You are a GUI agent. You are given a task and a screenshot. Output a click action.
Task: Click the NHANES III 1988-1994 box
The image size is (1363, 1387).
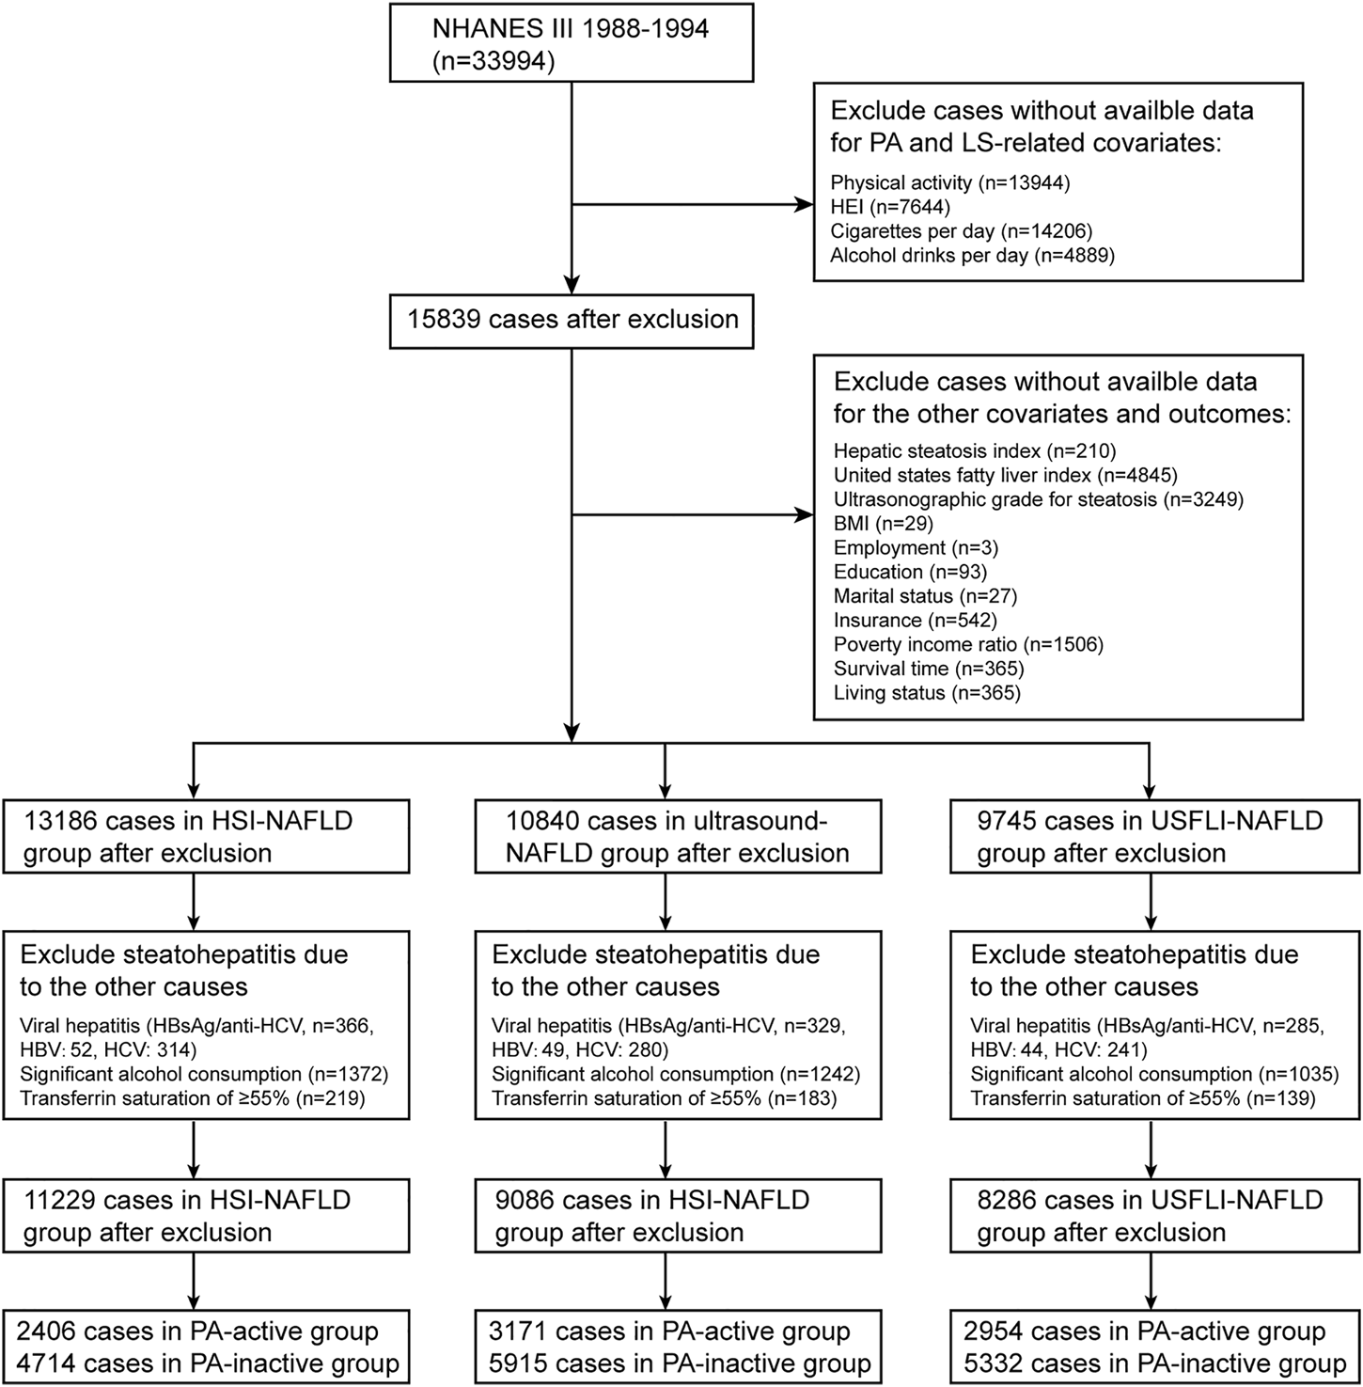click(x=572, y=44)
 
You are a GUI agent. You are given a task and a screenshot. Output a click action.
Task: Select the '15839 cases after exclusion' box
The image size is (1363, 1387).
click(x=572, y=321)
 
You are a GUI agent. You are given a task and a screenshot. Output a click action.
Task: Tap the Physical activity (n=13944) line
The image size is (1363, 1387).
click(x=950, y=182)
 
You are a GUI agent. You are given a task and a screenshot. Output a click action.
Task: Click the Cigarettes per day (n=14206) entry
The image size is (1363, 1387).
click(x=962, y=231)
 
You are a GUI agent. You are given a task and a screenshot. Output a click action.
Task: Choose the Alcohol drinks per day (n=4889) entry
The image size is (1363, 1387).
click(x=972, y=256)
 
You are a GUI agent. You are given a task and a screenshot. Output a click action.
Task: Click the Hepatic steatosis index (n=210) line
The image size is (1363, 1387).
click(x=975, y=450)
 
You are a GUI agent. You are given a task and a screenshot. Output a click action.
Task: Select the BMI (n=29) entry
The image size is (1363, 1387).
click(x=883, y=524)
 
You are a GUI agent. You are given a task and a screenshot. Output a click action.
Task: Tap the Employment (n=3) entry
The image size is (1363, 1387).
click(x=916, y=548)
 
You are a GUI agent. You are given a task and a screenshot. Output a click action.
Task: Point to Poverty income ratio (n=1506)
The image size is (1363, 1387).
click(x=968, y=645)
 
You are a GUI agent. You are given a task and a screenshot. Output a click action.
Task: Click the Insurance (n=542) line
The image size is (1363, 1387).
click(x=915, y=621)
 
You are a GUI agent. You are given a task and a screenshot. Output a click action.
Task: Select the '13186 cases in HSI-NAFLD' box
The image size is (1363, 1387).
click(x=206, y=837)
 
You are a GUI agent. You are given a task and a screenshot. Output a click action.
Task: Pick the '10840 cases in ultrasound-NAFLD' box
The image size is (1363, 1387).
click(x=679, y=837)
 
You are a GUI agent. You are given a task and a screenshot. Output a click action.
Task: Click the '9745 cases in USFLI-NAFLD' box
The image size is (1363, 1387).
click(x=1155, y=837)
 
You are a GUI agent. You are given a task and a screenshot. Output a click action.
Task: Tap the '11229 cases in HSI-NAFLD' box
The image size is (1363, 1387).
click(x=206, y=1216)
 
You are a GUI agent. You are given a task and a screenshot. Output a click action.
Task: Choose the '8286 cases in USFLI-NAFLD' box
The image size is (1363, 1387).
click(x=1155, y=1216)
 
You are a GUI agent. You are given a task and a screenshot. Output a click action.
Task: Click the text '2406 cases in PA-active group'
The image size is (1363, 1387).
click(x=197, y=1332)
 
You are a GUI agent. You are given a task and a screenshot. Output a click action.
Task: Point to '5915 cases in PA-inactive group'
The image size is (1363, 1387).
click(x=680, y=1363)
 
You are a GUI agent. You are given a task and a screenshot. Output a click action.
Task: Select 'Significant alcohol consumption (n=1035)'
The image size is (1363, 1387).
click(x=1154, y=1074)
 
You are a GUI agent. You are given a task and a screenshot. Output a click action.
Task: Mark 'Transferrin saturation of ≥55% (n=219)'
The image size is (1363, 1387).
click(x=193, y=1098)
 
